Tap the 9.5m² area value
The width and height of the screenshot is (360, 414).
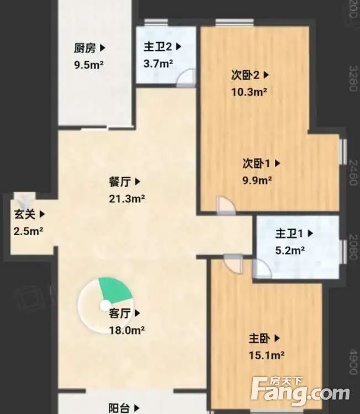point(89,64)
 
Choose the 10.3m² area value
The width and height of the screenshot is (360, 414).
point(250,92)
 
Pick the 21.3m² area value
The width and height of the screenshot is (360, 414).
point(128,198)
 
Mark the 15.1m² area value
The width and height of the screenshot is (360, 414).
point(267,355)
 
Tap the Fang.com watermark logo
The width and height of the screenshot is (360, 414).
point(300,390)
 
